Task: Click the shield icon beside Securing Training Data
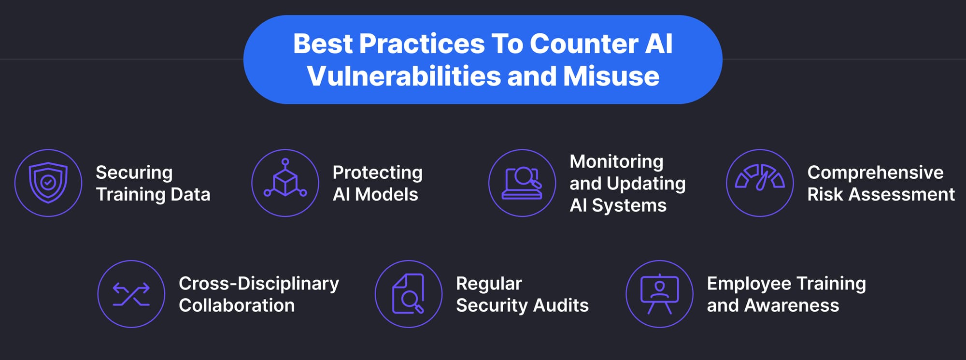48,183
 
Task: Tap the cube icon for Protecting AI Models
285,183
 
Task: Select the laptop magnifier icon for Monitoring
522,183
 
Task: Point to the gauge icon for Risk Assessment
760,183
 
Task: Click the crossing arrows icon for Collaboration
131,294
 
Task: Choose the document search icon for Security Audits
409,294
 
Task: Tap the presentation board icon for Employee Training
659,294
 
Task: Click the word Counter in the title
583,44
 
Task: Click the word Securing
134,173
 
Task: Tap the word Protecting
377,173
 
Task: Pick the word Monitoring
616,161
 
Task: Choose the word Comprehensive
875,173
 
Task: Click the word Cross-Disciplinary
258,284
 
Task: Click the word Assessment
901,194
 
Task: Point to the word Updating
646,184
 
